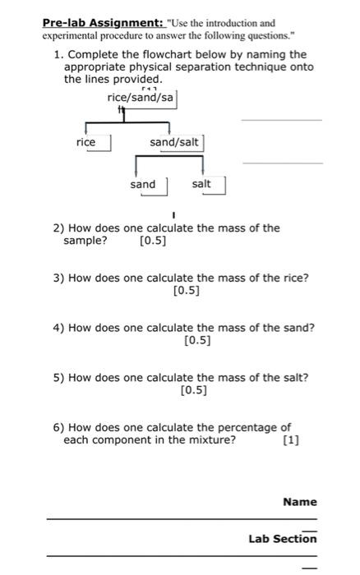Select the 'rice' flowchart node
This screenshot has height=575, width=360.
85,142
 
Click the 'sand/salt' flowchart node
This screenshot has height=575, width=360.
173,142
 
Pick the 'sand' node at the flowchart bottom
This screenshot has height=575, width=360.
142,184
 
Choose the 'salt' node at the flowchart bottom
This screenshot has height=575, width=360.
201,184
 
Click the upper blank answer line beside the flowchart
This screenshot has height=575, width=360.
281,120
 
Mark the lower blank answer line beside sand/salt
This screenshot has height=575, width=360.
283,163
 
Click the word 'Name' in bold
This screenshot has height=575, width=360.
299,501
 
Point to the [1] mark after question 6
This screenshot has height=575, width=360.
290,440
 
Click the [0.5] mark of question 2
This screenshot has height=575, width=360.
153,241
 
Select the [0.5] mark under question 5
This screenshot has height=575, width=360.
192,391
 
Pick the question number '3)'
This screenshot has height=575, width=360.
59,278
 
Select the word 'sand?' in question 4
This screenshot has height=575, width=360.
298,328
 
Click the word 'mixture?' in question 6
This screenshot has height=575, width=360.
210,440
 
